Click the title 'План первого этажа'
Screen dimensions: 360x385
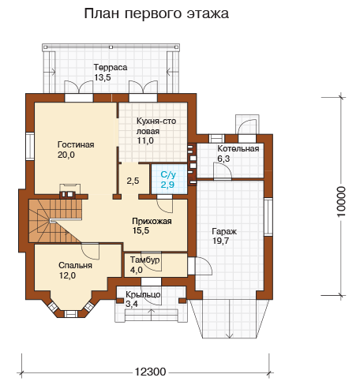[156, 13]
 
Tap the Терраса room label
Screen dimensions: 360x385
[111, 67]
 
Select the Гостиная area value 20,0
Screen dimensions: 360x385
[66, 155]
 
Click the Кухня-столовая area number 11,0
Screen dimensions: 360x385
[145, 140]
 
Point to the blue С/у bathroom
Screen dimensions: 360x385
[169, 179]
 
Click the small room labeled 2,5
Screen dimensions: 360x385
[133, 181]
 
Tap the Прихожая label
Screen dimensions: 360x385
[152, 221]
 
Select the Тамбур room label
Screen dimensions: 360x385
[145, 260]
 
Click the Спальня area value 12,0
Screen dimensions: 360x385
[67, 275]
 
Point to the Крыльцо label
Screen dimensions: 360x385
[143, 294]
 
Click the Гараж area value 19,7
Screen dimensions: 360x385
[220, 241]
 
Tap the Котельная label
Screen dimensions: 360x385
[238, 148]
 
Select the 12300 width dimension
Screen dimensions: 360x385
[151, 372]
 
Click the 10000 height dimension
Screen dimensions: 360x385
[341, 201]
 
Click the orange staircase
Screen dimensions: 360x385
[55, 221]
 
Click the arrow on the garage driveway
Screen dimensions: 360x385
[230, 319]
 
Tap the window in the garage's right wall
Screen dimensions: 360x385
[268, 216]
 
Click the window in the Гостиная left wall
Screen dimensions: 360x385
[30, 146]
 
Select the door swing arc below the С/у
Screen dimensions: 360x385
[165, 206]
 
